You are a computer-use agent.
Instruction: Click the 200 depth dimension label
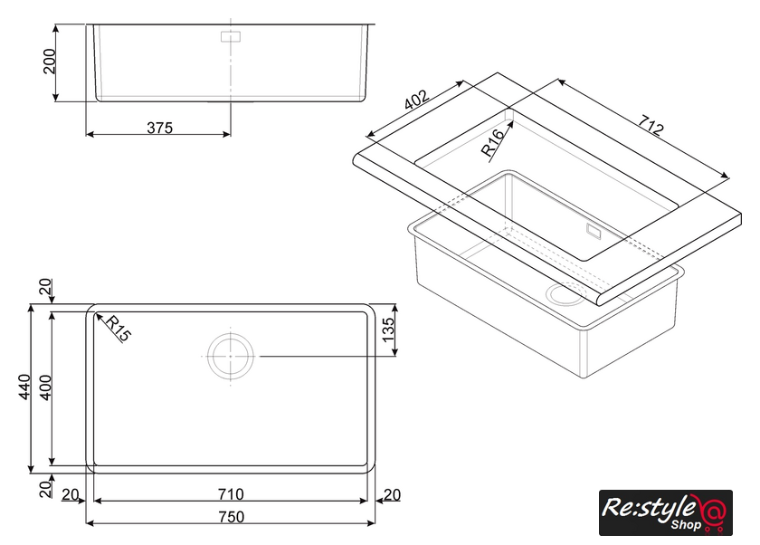pyautogui.click(x=50, y=61)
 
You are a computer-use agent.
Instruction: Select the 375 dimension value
pyautogui.click(x=159, y=128)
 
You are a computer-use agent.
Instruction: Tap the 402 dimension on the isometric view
pyautogui.click(x=416, y=100)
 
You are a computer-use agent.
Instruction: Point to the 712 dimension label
pyautogui.click(x=650, y=125)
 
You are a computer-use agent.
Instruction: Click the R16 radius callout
pyautogui.click(x=493, y=143)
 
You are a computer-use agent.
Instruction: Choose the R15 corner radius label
pyautogui.click(x=119, y=329)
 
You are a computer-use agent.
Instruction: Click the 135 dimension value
pyautogui.click(x=389, y=330)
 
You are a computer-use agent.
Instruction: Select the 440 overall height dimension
pyautogui.click(x=24, y=387)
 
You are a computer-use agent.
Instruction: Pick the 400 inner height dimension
pyautogui.click(x=45, y=387)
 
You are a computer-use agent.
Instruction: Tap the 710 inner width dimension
pyautogui.click(x=231, y=494)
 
